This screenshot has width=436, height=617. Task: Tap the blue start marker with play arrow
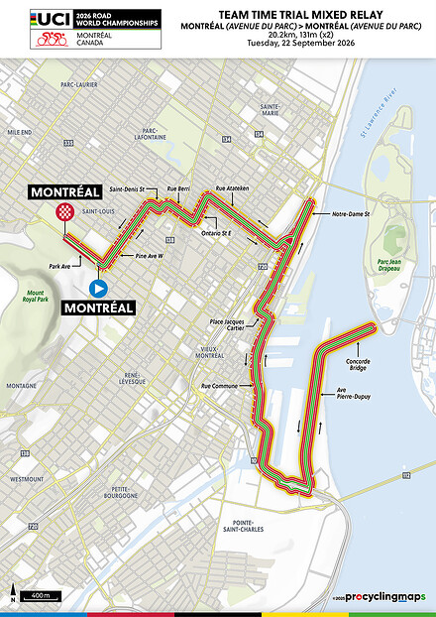pos(98,288)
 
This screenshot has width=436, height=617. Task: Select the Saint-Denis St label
pos(127,188)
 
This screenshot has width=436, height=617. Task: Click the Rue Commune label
pos(218,386)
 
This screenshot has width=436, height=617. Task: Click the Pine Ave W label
pos(148,256)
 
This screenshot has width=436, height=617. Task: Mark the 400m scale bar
pos(41,595)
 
